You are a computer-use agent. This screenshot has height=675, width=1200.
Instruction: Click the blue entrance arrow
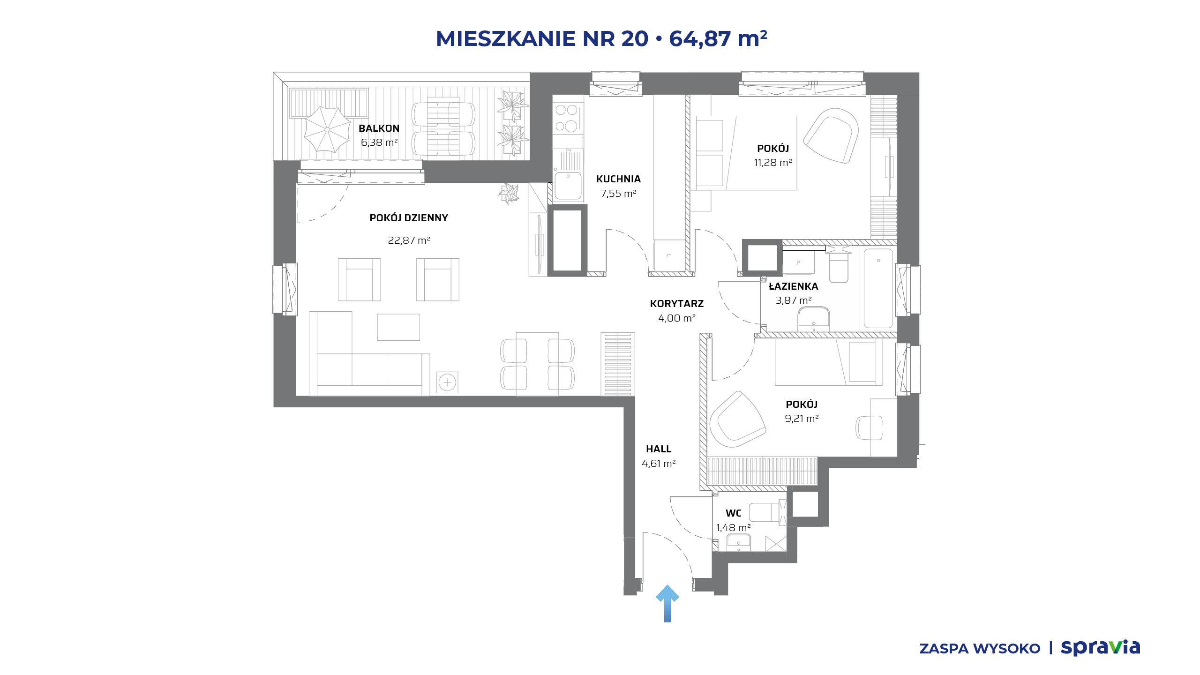coord(667,604)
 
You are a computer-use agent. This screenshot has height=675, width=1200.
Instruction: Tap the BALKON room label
coord(379,128)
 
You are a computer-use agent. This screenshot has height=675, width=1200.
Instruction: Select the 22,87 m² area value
coord(409,240)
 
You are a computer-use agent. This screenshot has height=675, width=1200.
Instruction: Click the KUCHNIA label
coord(618,179)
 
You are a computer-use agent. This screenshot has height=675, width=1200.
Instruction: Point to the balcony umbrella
coord(327,129)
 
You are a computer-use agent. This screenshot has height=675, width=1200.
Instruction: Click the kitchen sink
coord(568,186)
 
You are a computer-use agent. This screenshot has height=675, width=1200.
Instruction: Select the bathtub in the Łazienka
coord(878,288)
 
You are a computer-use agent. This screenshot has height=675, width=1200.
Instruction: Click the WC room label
coord(734,513)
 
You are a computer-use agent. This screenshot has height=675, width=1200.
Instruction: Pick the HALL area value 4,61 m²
coord(659,464)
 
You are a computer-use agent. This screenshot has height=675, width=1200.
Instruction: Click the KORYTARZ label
coord(677,304)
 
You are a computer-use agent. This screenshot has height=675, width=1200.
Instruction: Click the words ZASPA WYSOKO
coord(980,649)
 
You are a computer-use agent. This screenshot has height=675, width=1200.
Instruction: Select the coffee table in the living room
coord(398,327)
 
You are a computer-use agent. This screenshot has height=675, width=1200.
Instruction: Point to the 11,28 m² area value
coord(773,163)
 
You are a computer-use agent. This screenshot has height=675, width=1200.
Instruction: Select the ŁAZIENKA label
coord(794,286)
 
